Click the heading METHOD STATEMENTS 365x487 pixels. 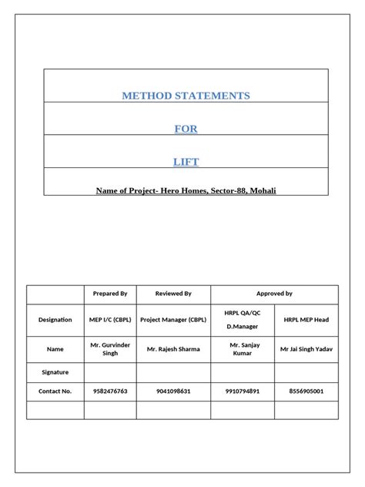point(186,96)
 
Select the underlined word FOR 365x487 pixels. point(186,129)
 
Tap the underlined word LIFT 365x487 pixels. point(186,161)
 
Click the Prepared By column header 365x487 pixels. point(110,294)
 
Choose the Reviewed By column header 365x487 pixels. point(173,294)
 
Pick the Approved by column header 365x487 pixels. point(274,294)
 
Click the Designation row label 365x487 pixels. point(55,319)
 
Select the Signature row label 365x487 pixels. point(55,371)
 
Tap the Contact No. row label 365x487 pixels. point(55,391)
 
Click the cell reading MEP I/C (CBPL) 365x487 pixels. point(110,319)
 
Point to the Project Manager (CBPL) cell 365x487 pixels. point(173,319)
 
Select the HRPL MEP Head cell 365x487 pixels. point(306,319)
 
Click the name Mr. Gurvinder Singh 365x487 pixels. point(110,348)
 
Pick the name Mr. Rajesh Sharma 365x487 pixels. point(173,349)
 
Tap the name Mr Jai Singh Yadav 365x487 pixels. point(306,349)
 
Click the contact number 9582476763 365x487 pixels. point(110,391)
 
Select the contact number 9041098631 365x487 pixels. point(173,391)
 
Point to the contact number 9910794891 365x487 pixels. point(242,391)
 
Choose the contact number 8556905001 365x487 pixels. point(306,391)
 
